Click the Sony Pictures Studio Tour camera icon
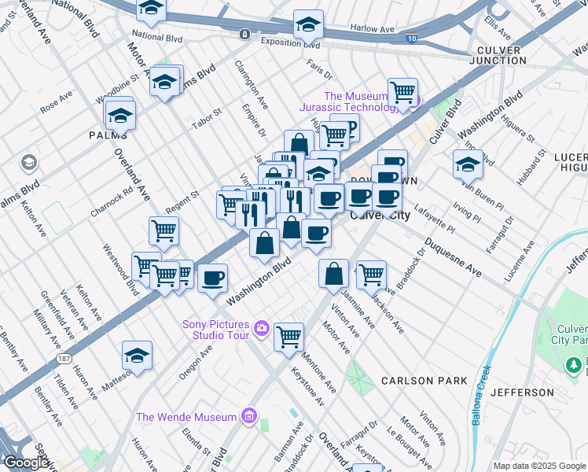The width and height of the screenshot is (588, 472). [x=261, y=326]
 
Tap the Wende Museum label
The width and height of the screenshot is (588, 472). [x=186, y=417]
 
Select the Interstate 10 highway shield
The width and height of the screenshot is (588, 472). [x=411, y=37]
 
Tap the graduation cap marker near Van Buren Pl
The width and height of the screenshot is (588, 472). [x=468, y=164]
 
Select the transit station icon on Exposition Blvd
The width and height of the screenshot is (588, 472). [x=245, y=35]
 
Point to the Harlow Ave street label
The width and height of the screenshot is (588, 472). [x=372, y=29]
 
